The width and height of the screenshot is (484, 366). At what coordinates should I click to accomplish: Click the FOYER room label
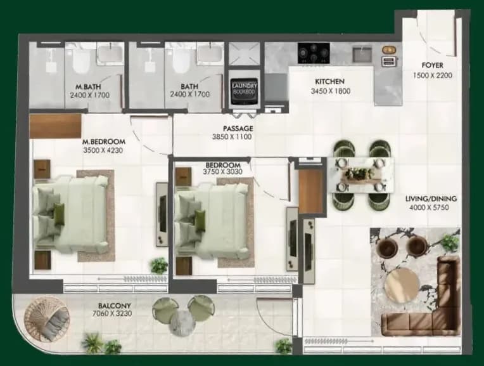coord(432,65)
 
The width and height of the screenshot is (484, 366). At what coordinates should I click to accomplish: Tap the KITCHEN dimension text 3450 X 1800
coord(330,91)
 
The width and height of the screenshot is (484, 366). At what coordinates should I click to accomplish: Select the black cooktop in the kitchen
coord(314,53)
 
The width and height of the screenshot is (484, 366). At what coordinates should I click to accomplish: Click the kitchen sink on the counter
coord(363,53)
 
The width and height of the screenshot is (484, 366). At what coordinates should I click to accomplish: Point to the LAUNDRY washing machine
coord(244,91)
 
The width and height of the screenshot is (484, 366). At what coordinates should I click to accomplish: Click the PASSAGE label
coord(238,128)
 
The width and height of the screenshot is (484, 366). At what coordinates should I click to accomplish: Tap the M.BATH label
coord(88,87)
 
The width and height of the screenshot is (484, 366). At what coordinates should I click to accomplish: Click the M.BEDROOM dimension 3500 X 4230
coord(103,150)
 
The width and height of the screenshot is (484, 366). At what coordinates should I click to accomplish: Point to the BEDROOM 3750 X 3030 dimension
coord(222,172)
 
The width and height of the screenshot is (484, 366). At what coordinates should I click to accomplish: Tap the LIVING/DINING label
coord(431,199)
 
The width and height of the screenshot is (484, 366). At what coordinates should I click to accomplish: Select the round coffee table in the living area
coord(402,285)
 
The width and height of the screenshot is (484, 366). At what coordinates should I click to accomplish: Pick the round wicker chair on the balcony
coord(46,318)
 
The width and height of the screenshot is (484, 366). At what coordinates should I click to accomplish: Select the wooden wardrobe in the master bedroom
coord(55,126)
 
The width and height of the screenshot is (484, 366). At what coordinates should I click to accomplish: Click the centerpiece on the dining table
coord(360,174)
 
